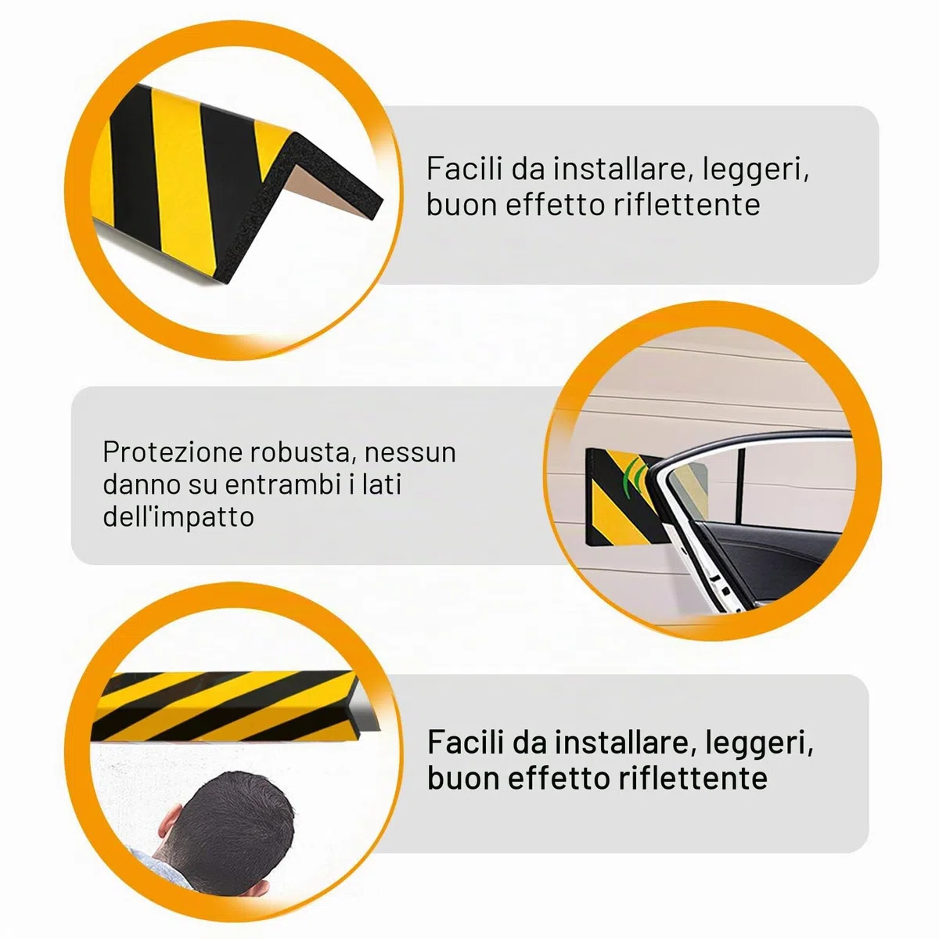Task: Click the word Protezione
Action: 172,452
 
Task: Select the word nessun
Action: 410,453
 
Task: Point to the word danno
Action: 141,484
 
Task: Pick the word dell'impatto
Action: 178,516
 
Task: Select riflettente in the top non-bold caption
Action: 686,203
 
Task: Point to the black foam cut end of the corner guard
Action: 312,190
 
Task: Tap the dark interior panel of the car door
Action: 765,560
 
